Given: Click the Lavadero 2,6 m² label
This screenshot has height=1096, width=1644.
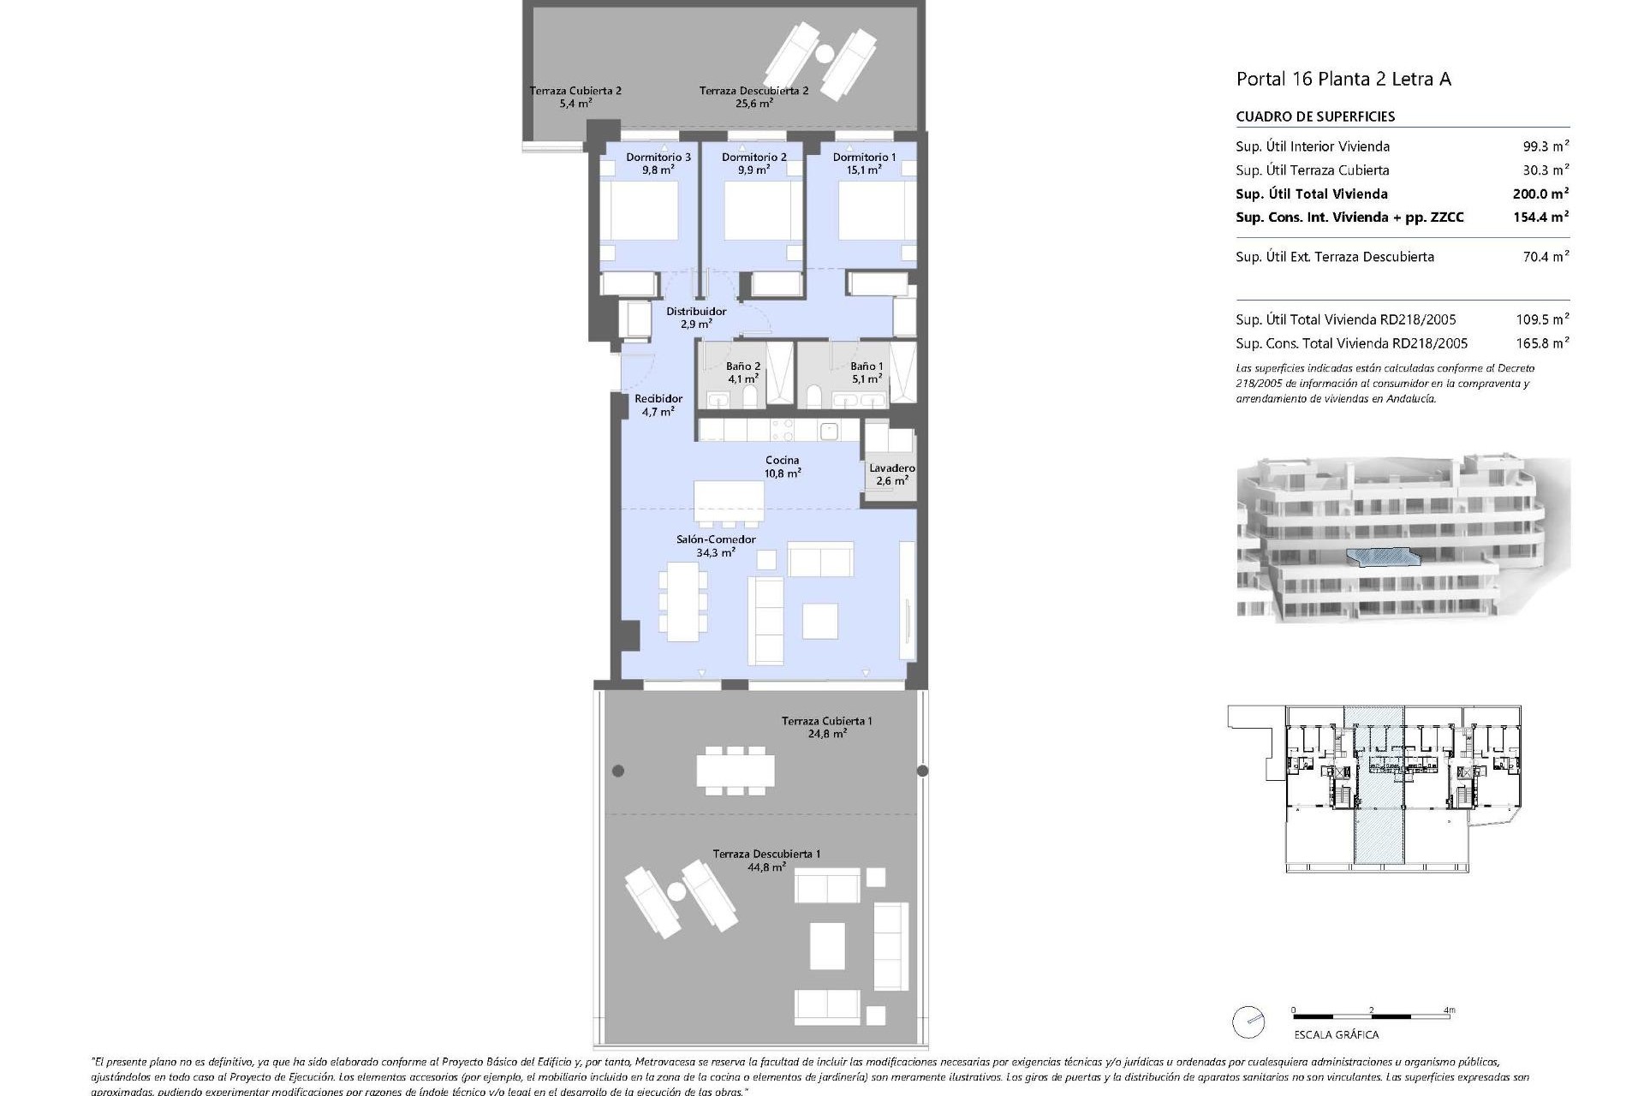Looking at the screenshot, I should (x=891, y=474).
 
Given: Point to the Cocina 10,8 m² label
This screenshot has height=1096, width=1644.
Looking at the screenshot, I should (x=783, y=466).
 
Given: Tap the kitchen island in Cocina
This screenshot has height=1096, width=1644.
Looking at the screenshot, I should (x=729, y=502).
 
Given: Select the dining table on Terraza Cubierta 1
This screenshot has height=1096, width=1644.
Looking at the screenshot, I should (x=736, y=769).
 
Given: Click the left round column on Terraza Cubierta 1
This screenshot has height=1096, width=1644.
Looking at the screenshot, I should (x=618, y=771).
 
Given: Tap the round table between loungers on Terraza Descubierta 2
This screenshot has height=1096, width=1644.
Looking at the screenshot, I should (x=825, y=54).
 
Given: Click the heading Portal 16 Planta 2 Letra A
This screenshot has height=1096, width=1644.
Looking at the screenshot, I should (x=1343, y=80).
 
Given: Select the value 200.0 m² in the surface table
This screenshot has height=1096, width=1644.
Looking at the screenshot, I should (x=1540, y=194).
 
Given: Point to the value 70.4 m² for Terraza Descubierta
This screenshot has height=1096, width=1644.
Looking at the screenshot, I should (x=1545, y=257).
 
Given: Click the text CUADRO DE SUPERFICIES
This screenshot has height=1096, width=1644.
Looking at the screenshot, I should (x=1315, y=116).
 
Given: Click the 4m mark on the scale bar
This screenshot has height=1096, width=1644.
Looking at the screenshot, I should (x=1449, y=1010).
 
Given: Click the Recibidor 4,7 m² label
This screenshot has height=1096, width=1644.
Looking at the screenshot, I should (x=658, y=404).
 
